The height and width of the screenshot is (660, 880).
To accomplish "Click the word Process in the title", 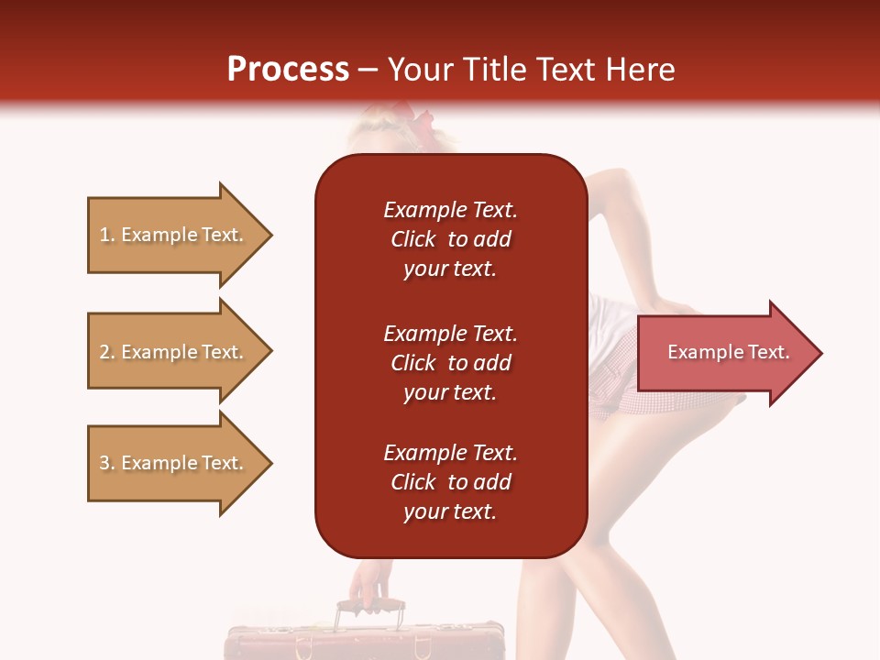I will point(288,70).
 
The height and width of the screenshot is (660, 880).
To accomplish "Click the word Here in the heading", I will point(637,70).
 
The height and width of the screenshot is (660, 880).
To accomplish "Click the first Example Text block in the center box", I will point(450,239).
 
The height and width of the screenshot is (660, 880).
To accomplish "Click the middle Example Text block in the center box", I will point(450,363).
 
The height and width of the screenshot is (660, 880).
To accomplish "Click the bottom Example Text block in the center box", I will point(450,482).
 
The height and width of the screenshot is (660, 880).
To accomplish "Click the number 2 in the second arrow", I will point(104,352).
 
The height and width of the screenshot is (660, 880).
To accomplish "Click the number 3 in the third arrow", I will point(104,463).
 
